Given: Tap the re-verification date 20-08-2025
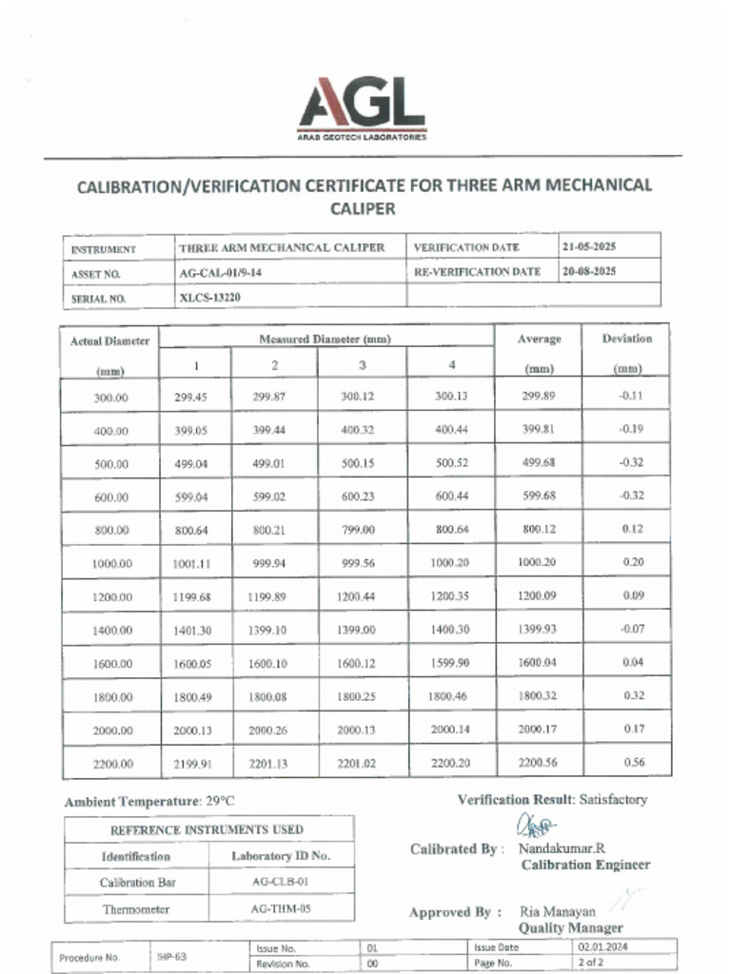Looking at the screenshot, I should pos(589,271).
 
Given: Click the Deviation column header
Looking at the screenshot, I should pos(627,339).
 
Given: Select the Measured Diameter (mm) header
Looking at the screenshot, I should pos(325,339).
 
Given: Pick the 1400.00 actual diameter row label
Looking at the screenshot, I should pos(111,631).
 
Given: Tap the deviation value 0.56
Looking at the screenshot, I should pos(633,762).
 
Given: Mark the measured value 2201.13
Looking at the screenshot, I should pos(267,763).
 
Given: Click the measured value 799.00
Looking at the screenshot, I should pos(357,530).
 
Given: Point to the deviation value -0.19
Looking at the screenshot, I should pos(630,429).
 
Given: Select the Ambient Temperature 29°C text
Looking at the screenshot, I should pos(149,802).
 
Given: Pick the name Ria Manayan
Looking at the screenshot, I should pos(557,911).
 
